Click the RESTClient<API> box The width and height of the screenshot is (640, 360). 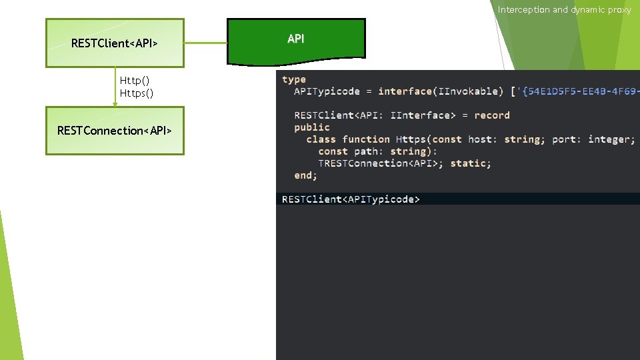(115, 43)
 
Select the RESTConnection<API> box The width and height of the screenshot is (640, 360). (115, 131)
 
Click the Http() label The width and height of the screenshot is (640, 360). (134, 81)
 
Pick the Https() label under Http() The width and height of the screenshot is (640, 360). (137, 93)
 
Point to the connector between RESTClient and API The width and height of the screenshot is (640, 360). (205, 43)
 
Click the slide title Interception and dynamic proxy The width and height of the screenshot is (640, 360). (564, 9)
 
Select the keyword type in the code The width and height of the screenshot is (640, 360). (294, 79)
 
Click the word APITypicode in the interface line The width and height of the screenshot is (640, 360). (327, 91)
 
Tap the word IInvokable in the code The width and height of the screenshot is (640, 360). (468, 91)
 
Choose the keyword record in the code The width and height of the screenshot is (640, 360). (491, 115)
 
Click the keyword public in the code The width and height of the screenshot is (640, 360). (312, 127)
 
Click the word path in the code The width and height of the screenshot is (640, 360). (366, 151)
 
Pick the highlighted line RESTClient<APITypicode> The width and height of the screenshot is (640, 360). (351, 199)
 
